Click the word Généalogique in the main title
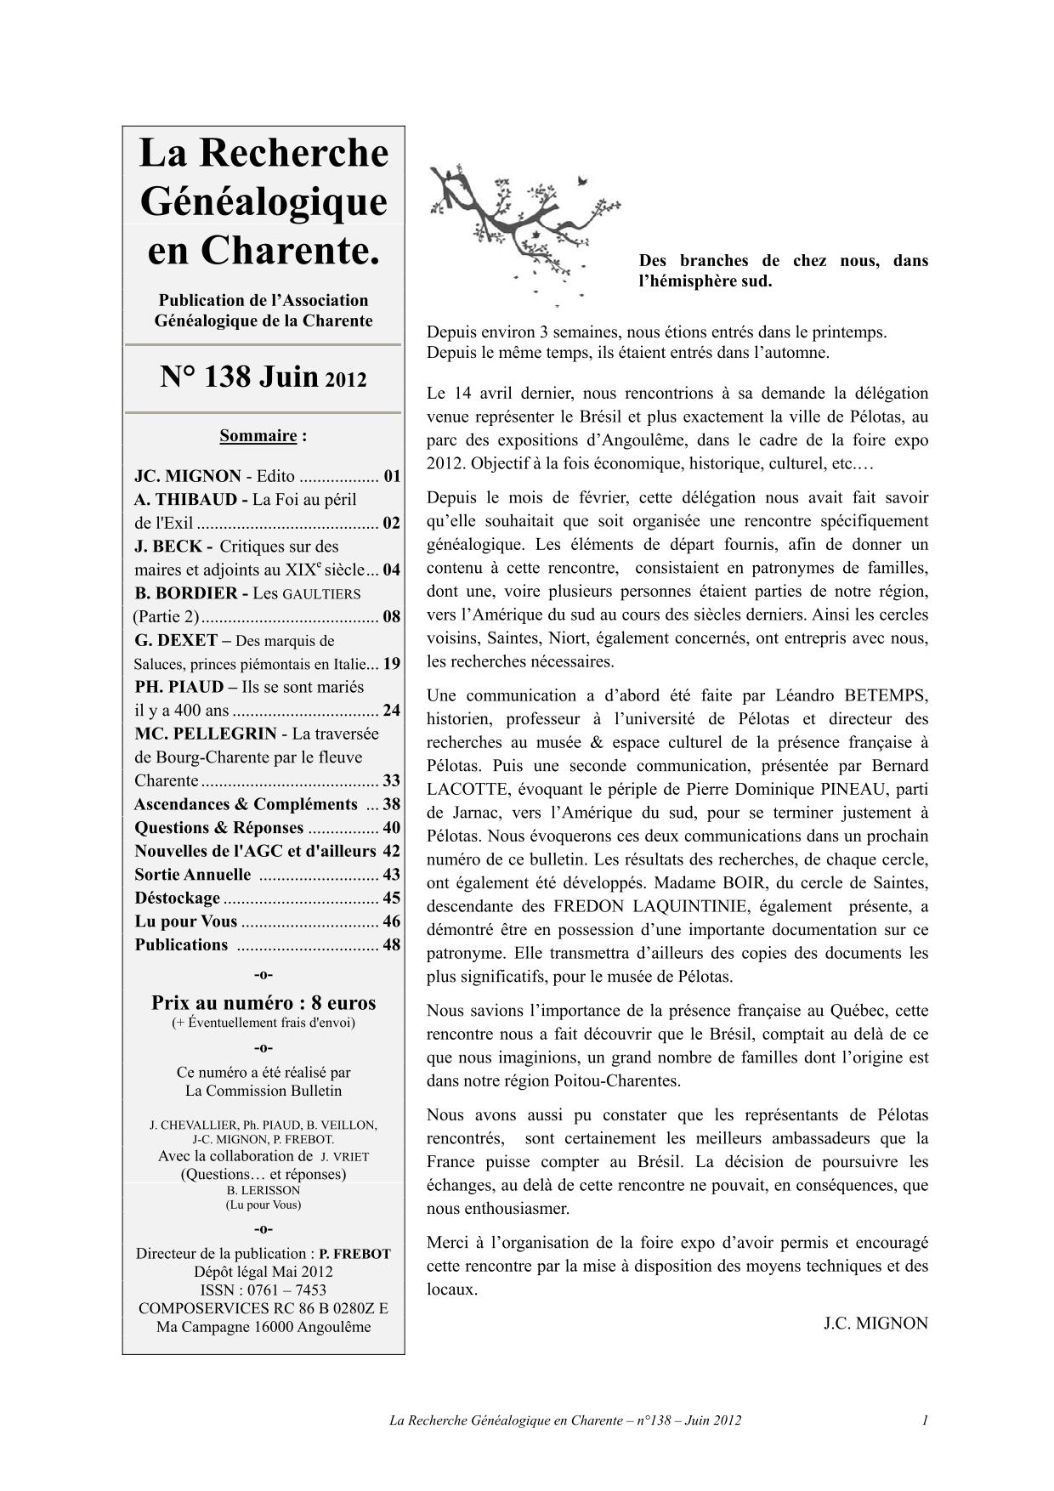[x=263, y=202]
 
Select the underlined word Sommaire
[x=258, y=436]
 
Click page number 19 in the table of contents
[x=391, y=664]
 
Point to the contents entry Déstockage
[x=177, y=898]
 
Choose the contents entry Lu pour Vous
[x=185, y=921]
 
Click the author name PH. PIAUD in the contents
[x=179, y=687]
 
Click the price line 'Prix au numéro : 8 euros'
[x=263, y=1003]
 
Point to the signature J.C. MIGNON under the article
[x=875, y=1324]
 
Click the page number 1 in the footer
[x=925, y=1420]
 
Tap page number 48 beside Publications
[x=391, y=944]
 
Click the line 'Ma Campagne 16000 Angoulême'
[x=263, y=1327]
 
